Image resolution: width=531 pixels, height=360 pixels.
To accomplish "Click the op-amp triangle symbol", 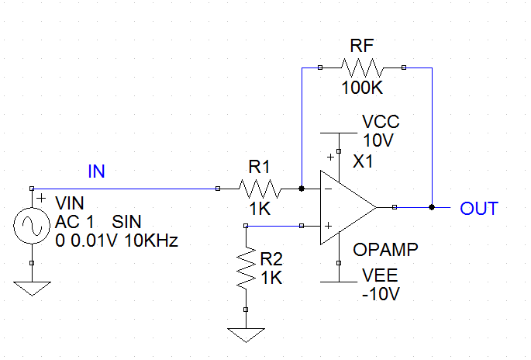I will (345, 207).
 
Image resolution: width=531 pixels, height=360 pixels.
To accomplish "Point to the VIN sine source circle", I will (31, 227).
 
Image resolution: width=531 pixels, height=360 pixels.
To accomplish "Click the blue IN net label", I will (96, 172).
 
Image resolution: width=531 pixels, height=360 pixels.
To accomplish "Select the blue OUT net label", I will (478, 209).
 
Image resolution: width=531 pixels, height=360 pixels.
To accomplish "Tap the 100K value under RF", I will (362, 88).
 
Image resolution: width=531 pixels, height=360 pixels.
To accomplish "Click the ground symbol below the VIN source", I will (31, 289).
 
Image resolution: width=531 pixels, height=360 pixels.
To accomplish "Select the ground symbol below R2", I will (245, 334).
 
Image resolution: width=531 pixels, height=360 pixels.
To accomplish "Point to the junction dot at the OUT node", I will (431, 207).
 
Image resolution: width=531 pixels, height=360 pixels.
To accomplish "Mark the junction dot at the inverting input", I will (302, 188).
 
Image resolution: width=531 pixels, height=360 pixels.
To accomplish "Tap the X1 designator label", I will (363, 161).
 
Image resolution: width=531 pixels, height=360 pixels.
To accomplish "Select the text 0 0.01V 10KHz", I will (116, 241).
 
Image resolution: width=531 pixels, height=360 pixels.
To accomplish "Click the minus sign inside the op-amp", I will (328, 189).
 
